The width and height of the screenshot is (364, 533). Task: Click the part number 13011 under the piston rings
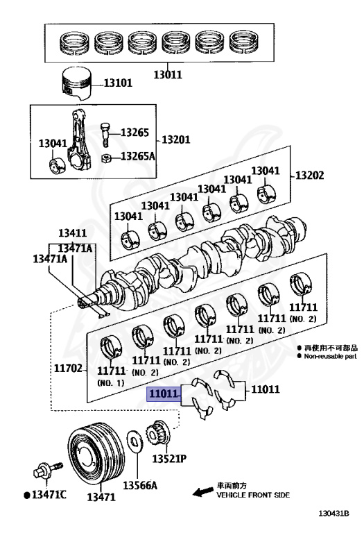pyautogui.click(x=168, y=71)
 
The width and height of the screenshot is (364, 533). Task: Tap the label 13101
pyautogui.click(x=118, y=83)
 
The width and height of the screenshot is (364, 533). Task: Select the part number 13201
pyautogui.click(x=176, y=139)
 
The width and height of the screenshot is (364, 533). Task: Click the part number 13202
pyautogui.click(x=309, y=175)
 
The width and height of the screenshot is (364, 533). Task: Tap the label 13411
pyautogui.click(x=72, y=234)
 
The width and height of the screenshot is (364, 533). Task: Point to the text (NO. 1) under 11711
pyautogui.click(x=111, y=382)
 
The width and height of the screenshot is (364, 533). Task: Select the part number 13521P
pyautogui.click(x=171, y=459)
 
